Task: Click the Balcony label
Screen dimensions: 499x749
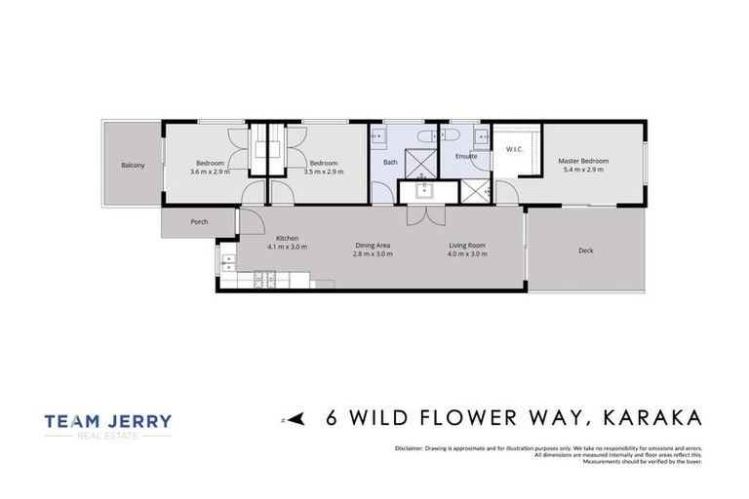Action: pyautogui.click(x=133, y=165)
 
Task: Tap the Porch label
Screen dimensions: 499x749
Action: pyautogui.click(x=199, y=222)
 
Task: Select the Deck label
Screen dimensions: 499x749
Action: pyautogui.click(x=585, y=250)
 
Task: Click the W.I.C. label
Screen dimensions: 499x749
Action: pyautogui.click(x=514, y=149)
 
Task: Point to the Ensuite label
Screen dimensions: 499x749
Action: pyautogui.click(x=465, y=156)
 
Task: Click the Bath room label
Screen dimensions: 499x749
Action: pyautogui.click(x=390, y=162)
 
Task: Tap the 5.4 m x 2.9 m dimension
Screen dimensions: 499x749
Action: pyautogui.click(x=582, y=170)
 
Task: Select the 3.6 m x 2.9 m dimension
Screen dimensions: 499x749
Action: pyautogui.click(x=210, y=171)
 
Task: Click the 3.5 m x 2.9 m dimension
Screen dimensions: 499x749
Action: pyautogui.click(x=323, y=171)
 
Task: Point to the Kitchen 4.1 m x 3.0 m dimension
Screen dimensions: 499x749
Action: pyautogui.click(x=288, y=248)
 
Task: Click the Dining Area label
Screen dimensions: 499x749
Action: pyautogui.click(x=372, y=246)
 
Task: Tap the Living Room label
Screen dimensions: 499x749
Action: pyautogui.click(x=467, y=246)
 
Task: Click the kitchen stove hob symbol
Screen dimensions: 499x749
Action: pyautogui.click(x=264, y=282)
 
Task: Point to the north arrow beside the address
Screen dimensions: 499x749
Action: pyautogui.click(x=296, y=420)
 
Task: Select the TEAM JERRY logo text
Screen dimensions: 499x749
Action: pyautogui.click(x=107, y=422)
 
